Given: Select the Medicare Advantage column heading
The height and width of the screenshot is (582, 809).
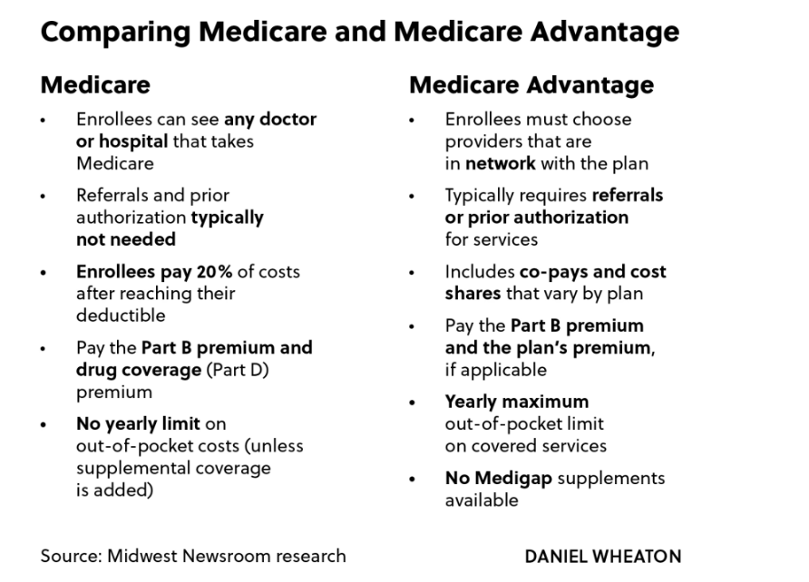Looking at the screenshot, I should pyautogui.click(x=531, y=85).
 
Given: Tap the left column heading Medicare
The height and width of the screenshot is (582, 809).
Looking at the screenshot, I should pyautogui.click(x=95, y=85).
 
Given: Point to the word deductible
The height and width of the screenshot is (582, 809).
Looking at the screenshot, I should pyautogui.click(x=121, y=315).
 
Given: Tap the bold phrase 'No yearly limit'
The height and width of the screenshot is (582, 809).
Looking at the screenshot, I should pyautogui.click(x=139, y=423).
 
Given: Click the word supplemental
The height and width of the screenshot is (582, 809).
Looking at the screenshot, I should pyautogui.click(x=129, y=468).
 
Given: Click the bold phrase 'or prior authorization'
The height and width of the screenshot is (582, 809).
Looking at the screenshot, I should pyautogui.click(x=536, y=218).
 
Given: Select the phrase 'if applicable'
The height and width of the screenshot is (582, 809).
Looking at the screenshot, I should pyautogui.click(x=495, y=370).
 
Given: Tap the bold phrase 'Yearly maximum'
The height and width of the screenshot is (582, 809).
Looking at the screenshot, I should pyautogui.click(x=516, y=402).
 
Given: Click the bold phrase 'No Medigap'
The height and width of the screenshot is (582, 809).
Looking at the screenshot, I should pyautogui.click(x=498, y=478).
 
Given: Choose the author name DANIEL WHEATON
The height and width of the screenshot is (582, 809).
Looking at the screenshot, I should pyautogui.click(x=602, y=556).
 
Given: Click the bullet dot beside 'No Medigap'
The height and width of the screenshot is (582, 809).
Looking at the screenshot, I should pyautogui.click(x=413, y=479).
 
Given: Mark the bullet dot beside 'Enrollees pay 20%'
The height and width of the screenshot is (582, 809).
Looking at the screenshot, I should pyautogui.click(x=44, y=272).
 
